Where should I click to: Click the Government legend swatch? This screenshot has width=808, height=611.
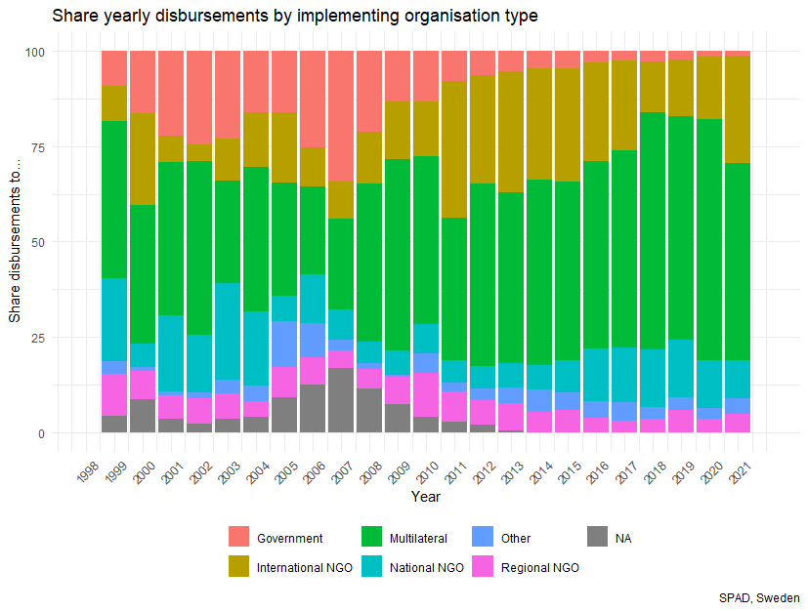(x=239, y=537)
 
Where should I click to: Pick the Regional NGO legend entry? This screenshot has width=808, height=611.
(x=538, y=567)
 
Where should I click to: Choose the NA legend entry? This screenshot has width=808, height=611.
(x=623, y=538)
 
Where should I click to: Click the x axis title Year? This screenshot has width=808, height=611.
(x=425, y=497)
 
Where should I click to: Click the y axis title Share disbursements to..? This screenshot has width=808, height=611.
(x=15, y=242)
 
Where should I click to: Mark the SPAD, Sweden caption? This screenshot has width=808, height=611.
(x=759, y=597)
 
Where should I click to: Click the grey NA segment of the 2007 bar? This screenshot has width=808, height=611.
(x=341, y=400)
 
